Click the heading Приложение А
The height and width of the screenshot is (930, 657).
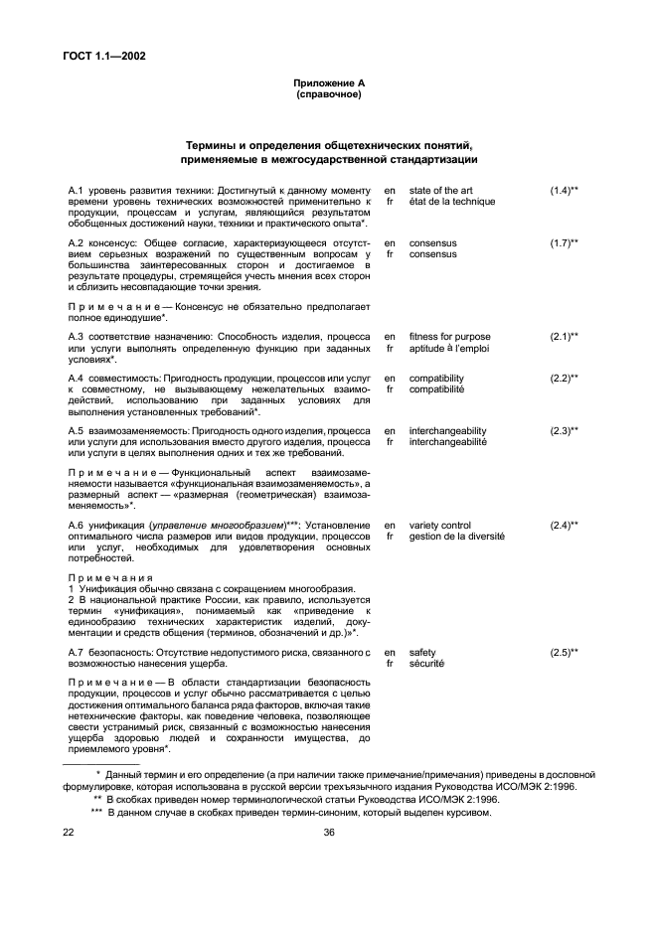[x=328, y=80]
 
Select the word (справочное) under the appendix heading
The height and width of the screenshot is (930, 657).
[x=328, y=94]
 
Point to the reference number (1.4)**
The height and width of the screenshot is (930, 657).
[x=564, y=190]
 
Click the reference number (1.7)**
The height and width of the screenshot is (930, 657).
[x=564, y=242]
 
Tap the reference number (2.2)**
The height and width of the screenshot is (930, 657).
[x=564, y=378]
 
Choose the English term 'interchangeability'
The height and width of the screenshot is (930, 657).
[x=447, y=430]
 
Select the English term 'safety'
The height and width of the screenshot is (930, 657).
[x=422, y=652]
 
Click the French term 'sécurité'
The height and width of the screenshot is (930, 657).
[x=426, y=664]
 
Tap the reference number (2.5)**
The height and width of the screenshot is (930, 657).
[x=564, y=652]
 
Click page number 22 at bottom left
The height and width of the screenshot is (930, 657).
[x=69, y=834]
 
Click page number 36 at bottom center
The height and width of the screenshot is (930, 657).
[x=328, y=834]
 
